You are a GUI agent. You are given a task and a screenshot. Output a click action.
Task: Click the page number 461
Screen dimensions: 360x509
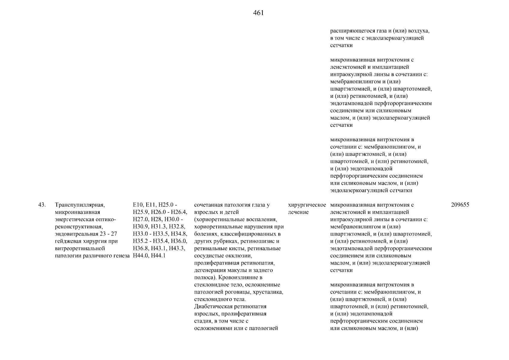258,13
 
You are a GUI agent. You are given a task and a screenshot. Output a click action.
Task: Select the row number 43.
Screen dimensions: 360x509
42,205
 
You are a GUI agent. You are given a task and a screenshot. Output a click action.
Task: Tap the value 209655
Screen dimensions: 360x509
460,205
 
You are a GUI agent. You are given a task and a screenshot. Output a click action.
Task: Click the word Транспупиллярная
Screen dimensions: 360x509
79,205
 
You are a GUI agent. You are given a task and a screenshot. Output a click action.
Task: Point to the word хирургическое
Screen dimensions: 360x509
307,205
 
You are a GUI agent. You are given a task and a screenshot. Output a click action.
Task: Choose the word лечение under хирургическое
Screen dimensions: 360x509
298,212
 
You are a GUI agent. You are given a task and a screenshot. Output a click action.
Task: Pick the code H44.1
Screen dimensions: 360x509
158,256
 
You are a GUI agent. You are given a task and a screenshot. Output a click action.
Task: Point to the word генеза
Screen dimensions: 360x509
121,256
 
